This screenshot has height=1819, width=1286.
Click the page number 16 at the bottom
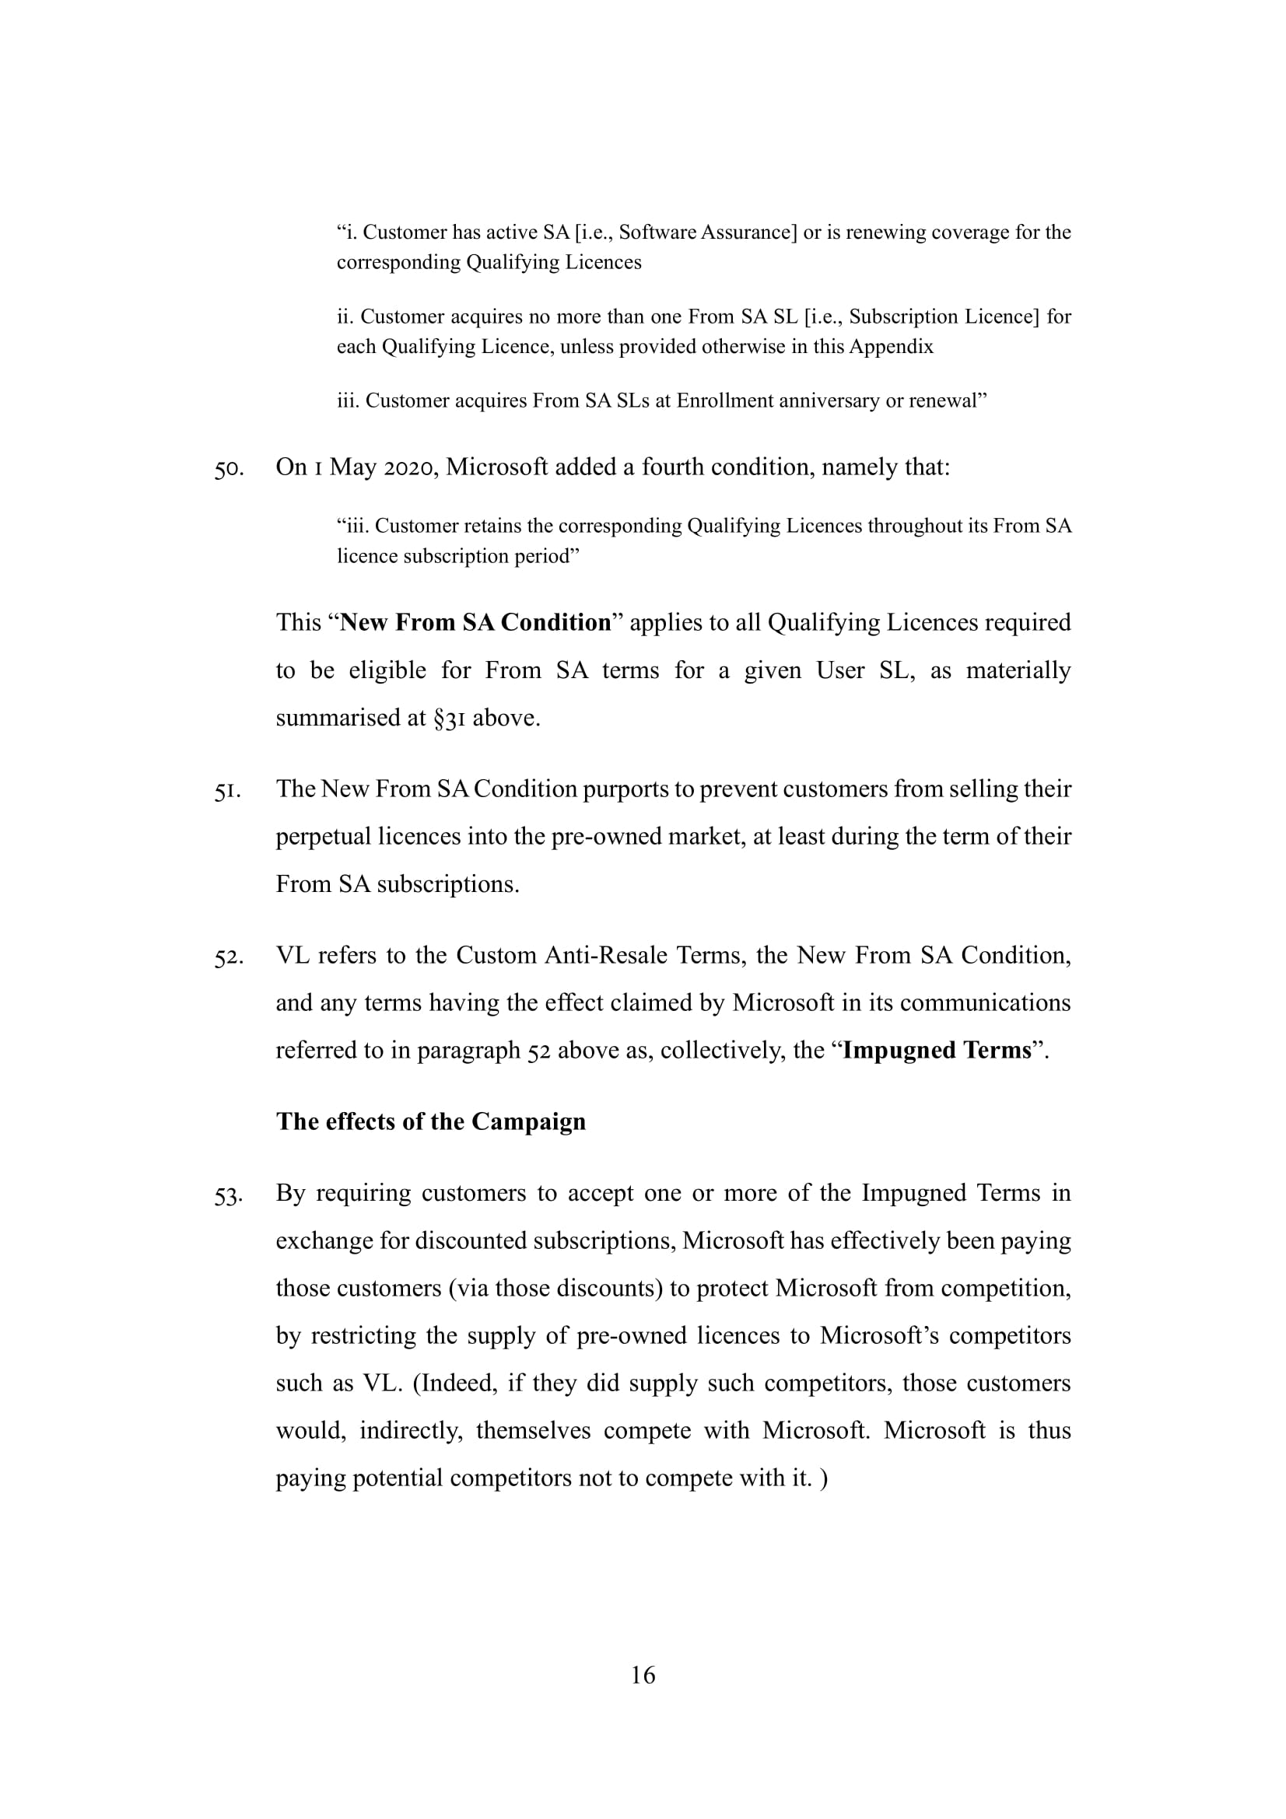coord(643,1674)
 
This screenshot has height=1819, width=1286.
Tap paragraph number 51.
coord(226,791)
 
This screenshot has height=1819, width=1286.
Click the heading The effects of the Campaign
coord(430,1121)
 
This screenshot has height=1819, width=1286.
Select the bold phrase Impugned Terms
coord(937,1050)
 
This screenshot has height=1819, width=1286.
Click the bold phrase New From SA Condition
coord(475,622)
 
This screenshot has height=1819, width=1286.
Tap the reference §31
coord(449,718)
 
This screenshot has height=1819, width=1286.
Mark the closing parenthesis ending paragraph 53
coord(824,1478)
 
